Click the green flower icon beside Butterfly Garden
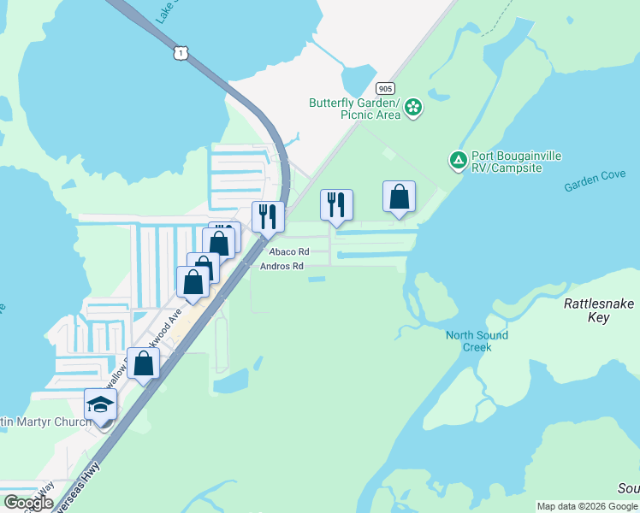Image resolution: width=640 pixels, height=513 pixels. [x=413, y=108]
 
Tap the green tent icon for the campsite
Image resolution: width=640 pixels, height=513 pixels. [x=459, y=160]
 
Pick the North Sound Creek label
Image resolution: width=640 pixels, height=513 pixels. [x=477, y=341]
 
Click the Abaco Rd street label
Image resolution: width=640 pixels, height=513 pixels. [x=287, y=252]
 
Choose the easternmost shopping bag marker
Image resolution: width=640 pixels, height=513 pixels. [x=399, y=198]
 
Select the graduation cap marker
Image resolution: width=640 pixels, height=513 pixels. [x=100, y=404]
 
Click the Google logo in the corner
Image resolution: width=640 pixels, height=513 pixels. [x=28, y=503]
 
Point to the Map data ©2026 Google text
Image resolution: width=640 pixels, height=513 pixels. [x=587, y=506]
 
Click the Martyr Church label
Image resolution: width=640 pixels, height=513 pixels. [x=46, y=422]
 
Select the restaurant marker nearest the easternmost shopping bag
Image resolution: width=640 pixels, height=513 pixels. [x=336, y=205]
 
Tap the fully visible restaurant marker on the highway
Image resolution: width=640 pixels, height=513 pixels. [x=268, y=218]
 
